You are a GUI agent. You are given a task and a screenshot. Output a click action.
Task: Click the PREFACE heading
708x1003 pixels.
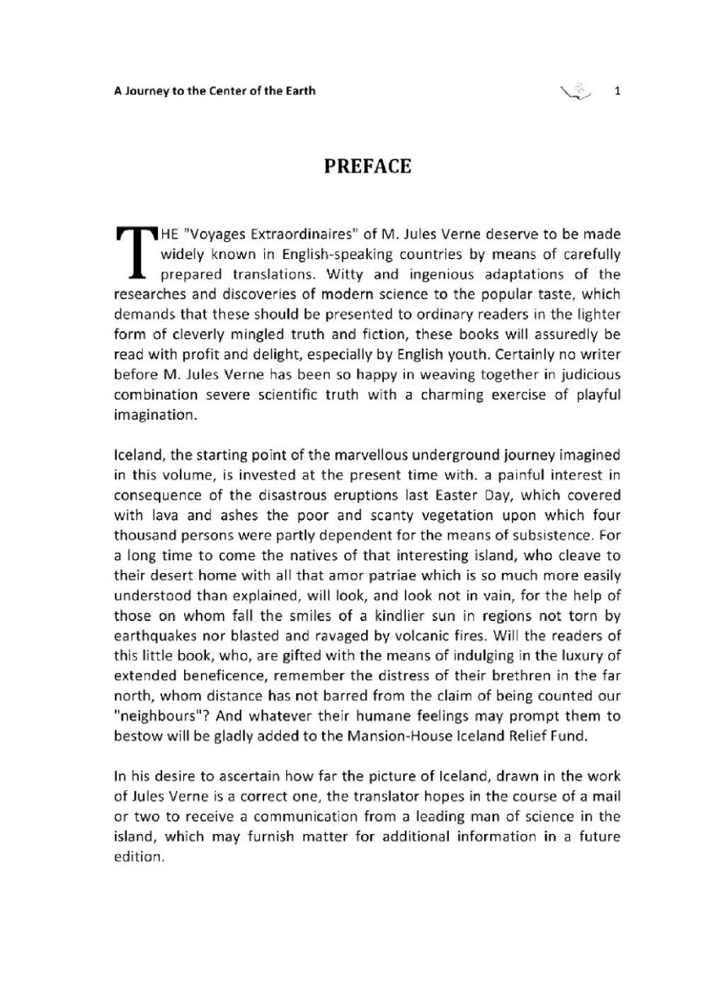(x=367, y=167)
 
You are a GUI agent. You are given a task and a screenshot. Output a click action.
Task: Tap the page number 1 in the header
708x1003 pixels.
(x=617, y=91)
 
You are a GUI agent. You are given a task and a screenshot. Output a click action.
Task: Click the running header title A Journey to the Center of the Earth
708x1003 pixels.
(x=215, y=91)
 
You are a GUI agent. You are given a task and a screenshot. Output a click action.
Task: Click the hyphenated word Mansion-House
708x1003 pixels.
(x=400, y=736)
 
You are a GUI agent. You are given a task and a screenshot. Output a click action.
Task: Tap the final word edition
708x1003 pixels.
(x=139, y=857)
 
